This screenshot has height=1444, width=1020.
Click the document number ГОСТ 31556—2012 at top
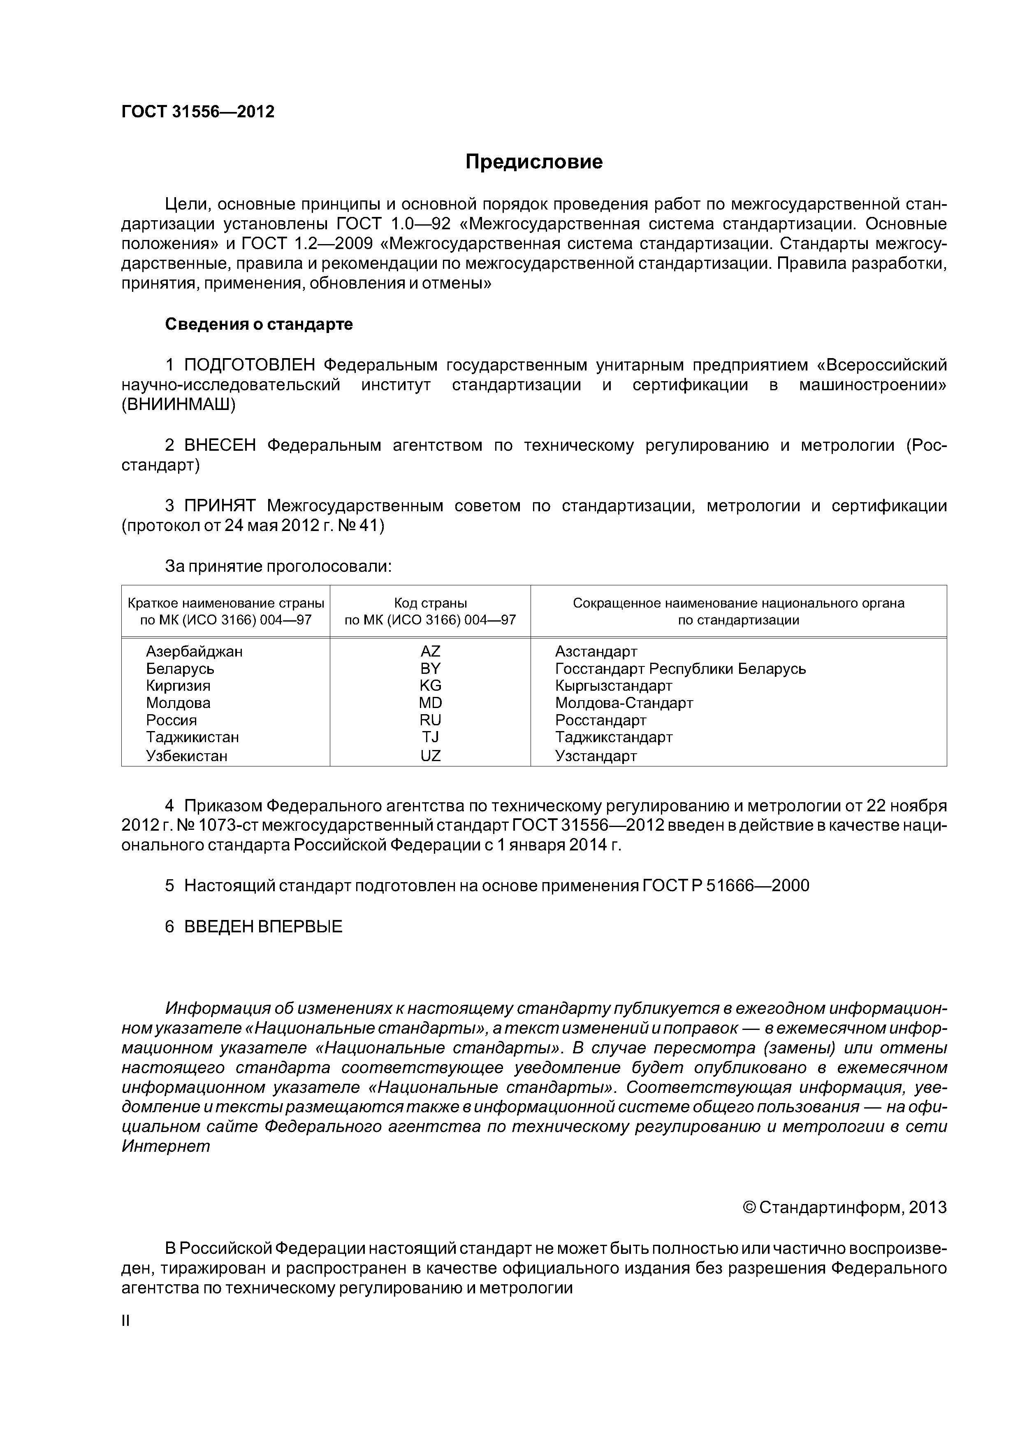coord(197,112)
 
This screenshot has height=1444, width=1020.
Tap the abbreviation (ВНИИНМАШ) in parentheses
coord(178,405)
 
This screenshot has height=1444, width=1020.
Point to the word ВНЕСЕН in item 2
coord(220,445)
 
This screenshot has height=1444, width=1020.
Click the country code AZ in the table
coord(431,652)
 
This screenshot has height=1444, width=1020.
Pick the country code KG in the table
coord(431,685)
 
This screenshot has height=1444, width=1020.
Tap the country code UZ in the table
coord(431,756)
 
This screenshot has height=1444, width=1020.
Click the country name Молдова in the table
coord(178,703)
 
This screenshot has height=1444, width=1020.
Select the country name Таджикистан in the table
coord(192,737)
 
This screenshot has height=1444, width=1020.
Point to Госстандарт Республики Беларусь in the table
coord(680,668)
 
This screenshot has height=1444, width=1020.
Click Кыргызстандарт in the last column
coord(613,685)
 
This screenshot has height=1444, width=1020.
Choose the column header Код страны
coord(431,603)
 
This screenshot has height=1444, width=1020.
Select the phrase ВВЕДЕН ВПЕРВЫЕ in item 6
coord(263,927)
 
